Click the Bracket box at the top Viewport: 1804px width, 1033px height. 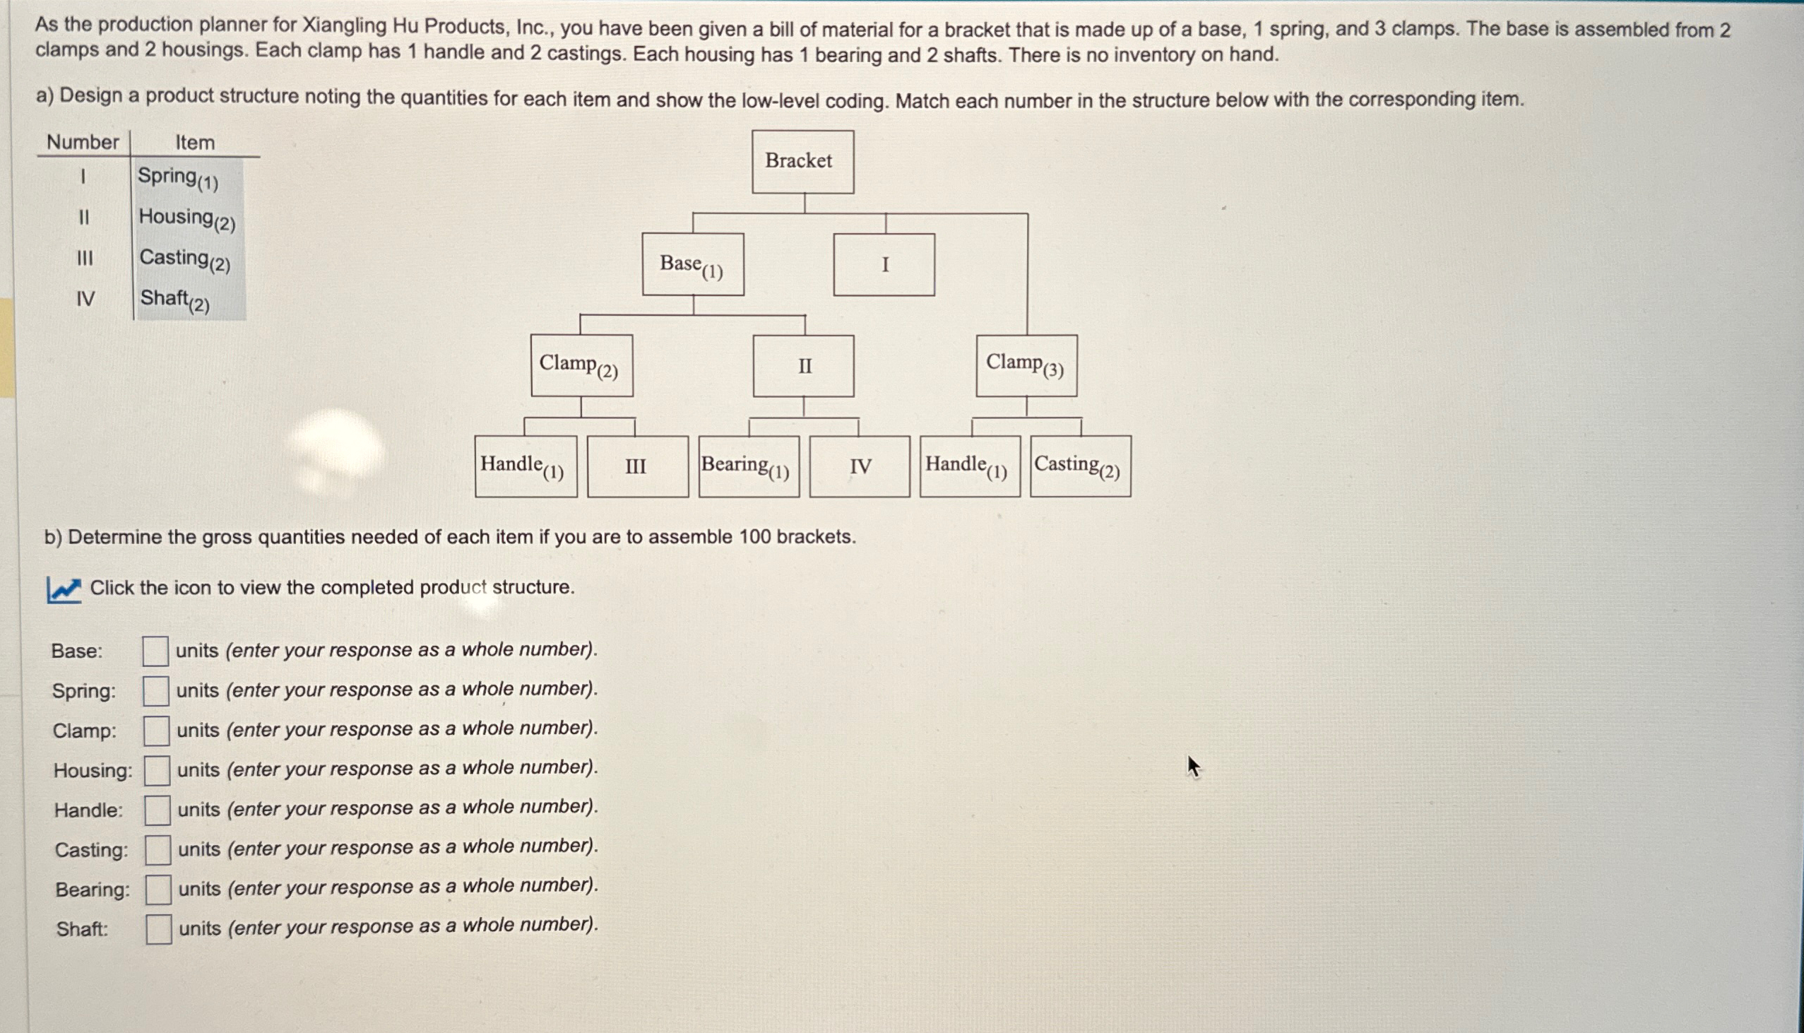point(802,162)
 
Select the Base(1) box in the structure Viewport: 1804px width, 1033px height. point(693,265)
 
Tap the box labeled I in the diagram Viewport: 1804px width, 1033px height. point(884,265)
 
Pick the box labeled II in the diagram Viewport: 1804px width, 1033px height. point(803,366)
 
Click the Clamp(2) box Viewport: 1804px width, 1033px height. point(581,365)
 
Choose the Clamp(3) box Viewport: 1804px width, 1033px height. point(1026,365)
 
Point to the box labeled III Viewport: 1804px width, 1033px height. point(638,466)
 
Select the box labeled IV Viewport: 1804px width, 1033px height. point(860,466)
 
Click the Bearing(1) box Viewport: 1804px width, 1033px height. point(749,466)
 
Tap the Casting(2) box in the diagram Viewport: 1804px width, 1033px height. point(1080,466)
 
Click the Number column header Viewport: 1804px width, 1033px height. point(82,142)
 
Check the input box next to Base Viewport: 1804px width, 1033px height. point(155,651)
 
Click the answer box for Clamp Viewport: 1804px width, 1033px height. point(156,730)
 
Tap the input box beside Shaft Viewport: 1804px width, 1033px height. point(159,928)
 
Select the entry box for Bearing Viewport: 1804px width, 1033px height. point(158,889)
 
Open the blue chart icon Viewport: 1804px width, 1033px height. point(64,589)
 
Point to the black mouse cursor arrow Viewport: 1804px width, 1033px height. point(1193,766)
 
